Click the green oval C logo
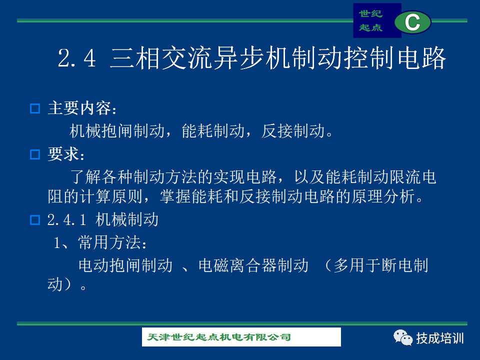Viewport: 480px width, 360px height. [412, 22]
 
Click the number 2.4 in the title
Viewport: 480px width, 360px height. [77, 58]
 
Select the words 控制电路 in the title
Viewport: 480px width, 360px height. [395, 58]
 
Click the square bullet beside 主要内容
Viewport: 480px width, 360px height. [35, 108]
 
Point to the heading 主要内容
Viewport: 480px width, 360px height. [82, 108]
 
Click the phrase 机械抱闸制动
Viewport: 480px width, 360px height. [117, 131]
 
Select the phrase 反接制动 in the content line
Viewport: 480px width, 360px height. [293, 131]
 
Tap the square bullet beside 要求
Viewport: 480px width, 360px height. [35, 154]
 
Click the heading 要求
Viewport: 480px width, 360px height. [66, 154]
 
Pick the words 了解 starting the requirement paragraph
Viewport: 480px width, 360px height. [85, 177]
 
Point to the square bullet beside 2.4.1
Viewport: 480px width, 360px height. [35, 220]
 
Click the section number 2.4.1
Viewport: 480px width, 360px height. [66, 220]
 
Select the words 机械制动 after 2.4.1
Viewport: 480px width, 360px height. [127, 219]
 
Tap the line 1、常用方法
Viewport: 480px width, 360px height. [100, 242]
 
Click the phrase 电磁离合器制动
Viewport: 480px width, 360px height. [253, 265]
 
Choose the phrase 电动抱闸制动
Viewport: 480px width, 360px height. [125, 265]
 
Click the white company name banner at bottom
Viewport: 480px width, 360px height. [241, 337]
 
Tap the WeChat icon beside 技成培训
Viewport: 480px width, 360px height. [403, 337]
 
